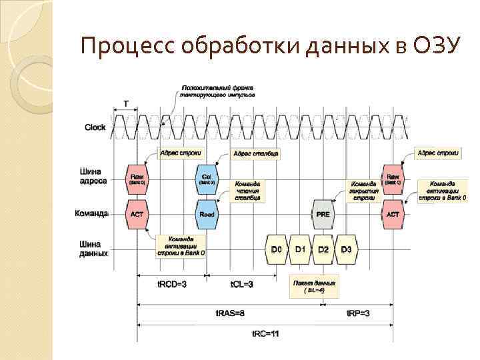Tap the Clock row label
click(95, 127)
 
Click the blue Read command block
click(207, 214)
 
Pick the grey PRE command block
click(323, 214)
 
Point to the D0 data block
click(277, 249)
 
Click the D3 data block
click(346, 249)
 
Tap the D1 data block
click(300, 249)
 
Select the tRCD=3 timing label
click(171, 285)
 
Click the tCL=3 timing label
click(241, 285)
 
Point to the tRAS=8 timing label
click(231, 313)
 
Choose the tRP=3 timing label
click(358, 313)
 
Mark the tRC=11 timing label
click(265, 333)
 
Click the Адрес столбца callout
click(255, 153)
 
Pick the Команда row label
click(93, 213)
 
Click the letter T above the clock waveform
click(126, 104)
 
